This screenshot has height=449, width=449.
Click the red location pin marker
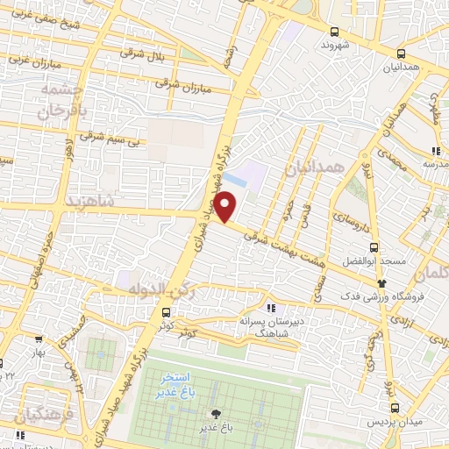click(x=226, y=207)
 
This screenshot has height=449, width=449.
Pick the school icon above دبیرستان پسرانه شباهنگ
click(x=271, y=307)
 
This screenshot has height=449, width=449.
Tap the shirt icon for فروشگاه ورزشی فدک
click(x=381, y=283)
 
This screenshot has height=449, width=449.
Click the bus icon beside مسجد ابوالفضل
click(x=374, y=247)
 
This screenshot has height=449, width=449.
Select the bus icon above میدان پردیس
click(x=396, y=408)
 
